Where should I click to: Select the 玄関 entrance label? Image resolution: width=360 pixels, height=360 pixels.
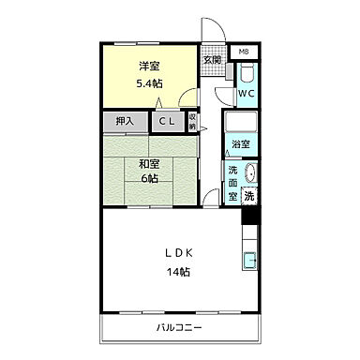click(x=212, y=60)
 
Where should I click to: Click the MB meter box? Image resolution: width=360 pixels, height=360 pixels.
click(x=243, y=51)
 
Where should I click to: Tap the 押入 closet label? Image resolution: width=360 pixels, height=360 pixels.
click(x=125, y=121)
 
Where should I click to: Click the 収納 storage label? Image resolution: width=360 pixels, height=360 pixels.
click(x=192, y=121)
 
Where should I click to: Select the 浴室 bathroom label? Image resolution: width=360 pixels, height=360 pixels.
click(x=241, y=143)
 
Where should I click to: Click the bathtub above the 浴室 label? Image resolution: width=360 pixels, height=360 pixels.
click(x=241, y=124)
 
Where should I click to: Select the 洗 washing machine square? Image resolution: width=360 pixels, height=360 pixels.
click(x=249, y=197)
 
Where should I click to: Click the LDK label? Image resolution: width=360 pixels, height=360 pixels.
click(x=179, y=253)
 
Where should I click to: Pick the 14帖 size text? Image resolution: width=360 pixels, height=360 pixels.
click(x=179, y=272)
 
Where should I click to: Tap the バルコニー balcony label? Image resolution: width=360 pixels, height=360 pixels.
click(x=178, y=327)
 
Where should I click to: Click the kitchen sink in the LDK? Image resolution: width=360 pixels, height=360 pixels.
click(x=249, y=261)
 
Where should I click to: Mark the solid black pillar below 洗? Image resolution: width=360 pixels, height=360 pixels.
click(x=249, y=215)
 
